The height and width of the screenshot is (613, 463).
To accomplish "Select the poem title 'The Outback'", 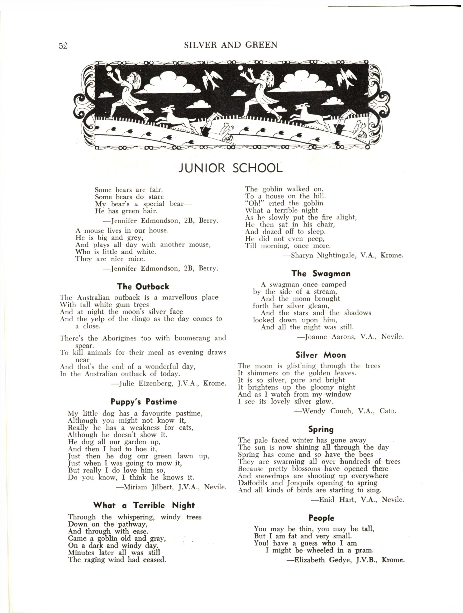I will coord(143,286).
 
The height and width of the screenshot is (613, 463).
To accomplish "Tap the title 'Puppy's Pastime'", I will coord(144,401).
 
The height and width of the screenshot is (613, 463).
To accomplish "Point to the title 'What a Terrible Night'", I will coord(144,505).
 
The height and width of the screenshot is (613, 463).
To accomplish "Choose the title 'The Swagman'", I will coord(321,274).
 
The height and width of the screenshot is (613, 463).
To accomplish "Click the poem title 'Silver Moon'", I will coord(321,355).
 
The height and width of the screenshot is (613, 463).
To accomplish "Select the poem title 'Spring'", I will coord(321,429).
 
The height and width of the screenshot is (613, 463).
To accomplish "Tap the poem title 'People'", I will coord(321,518).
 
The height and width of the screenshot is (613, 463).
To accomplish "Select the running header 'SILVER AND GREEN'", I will coord(230,45).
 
